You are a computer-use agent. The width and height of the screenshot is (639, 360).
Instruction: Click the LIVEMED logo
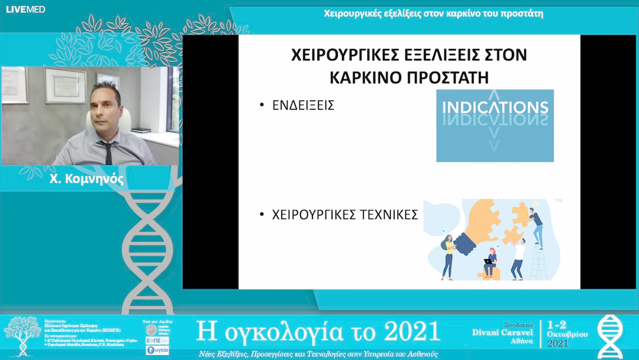coord(25,9)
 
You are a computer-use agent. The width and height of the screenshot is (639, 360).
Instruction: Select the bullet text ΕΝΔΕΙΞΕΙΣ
coord(304,106)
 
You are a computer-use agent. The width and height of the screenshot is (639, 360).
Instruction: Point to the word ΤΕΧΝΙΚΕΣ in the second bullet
coord(387,215)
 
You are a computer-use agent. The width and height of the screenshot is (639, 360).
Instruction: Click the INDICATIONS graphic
coord(495,125)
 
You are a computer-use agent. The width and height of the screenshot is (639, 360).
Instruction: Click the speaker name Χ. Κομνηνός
coord(87,178)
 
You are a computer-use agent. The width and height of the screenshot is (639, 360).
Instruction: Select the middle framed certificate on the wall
coord(66,85)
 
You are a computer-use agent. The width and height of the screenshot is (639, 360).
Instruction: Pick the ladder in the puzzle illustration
coord(537,261)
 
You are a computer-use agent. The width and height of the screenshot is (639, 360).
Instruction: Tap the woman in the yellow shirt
coord(449,255)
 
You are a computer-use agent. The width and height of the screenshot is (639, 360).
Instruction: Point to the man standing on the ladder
coord(535,225)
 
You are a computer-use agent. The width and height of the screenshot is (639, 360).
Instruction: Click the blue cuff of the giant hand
coord(467,242)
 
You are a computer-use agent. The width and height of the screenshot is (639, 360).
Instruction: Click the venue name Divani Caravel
coord(503,333)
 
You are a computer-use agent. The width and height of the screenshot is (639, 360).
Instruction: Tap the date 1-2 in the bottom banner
coord(559,324)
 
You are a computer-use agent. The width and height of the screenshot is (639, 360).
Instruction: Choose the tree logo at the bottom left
coord(22,335)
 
